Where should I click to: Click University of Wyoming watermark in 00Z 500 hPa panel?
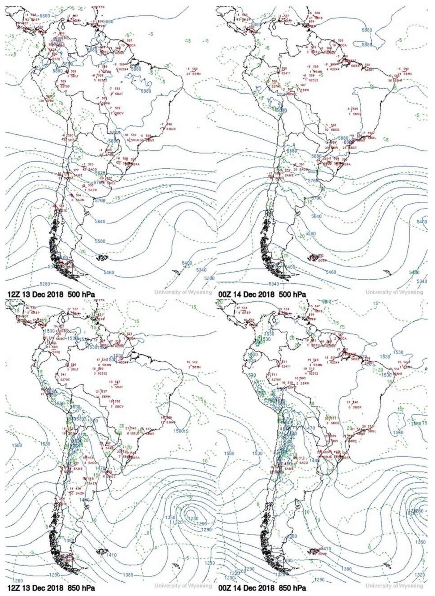click(x=394, y=292)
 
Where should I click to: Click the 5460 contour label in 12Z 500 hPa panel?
click(x=108, y=272)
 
